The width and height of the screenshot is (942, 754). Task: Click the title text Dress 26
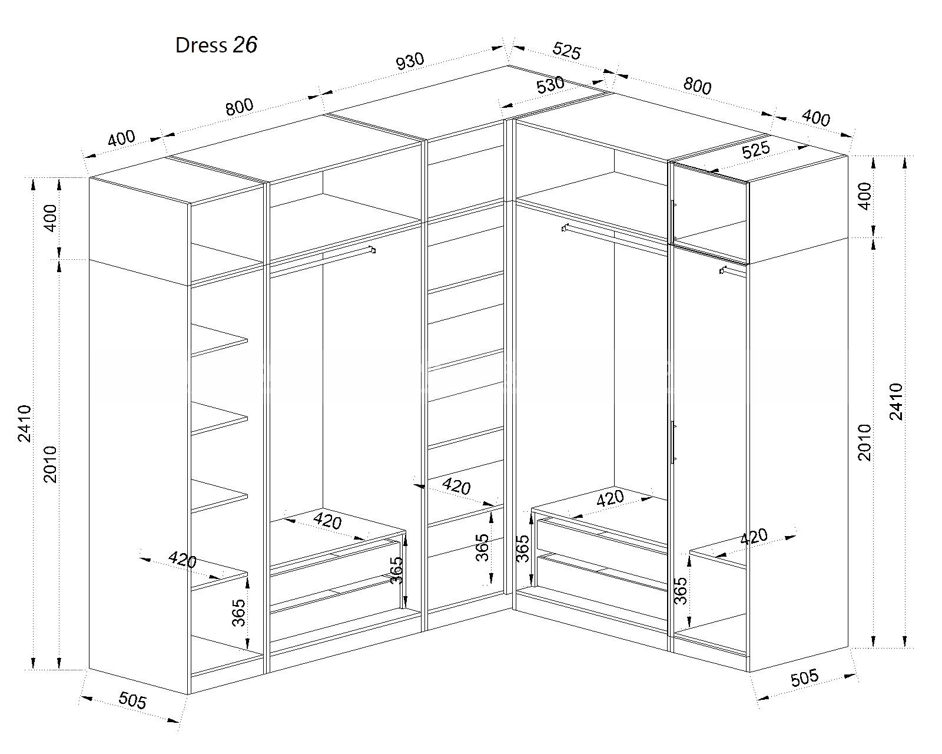point(216,45)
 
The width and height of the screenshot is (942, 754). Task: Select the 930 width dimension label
point(410,61)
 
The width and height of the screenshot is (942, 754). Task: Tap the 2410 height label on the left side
point(25,424)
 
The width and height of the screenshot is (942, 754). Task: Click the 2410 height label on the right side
point(897,401)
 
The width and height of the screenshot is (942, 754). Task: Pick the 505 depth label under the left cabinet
point(132,700)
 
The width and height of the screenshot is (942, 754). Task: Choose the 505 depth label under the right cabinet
point(805,677)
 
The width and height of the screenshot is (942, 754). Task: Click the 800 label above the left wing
point(240,107)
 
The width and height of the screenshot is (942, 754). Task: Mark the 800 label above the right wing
point(697,86)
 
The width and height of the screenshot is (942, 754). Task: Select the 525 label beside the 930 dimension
point(566,51)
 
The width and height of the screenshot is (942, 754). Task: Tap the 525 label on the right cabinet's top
point(756,150)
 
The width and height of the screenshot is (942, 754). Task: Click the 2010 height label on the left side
point(51,464)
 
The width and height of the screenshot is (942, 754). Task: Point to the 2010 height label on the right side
point(864,442)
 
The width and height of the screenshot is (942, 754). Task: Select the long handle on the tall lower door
point(673,442)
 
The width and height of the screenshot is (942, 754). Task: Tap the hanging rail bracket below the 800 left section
point(372,250)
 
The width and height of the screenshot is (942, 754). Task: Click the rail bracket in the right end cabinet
point(723,270)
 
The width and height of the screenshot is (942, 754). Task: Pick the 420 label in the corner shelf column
point(456,487)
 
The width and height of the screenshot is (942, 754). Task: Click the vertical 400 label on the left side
point(51,218)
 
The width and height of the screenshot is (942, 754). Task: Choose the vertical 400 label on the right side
point(864,196)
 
